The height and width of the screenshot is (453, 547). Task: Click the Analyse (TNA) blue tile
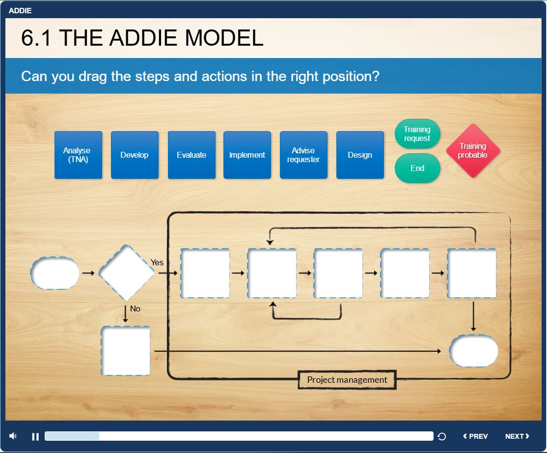78,155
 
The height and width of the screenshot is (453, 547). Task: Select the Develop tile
135,155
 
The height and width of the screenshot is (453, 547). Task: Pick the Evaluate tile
191,155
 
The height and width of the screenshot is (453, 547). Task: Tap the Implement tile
247,155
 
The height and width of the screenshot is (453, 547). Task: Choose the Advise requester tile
303,155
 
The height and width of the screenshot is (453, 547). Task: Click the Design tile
360,155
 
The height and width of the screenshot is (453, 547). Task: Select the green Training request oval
417,134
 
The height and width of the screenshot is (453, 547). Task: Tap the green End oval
417,168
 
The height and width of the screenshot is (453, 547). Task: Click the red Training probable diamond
473,151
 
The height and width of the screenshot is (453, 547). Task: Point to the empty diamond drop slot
126,273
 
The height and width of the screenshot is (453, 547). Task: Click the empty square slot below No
126,351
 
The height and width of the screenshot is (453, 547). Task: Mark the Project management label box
347,380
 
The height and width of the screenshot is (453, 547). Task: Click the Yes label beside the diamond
157,262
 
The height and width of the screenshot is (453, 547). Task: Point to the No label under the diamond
135,309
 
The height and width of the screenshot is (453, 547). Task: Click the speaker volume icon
13,436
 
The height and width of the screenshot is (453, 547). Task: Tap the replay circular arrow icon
441,436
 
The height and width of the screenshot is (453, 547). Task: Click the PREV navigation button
475,436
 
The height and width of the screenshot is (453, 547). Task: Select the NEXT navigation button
518,436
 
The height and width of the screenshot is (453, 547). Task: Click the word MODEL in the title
224,38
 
